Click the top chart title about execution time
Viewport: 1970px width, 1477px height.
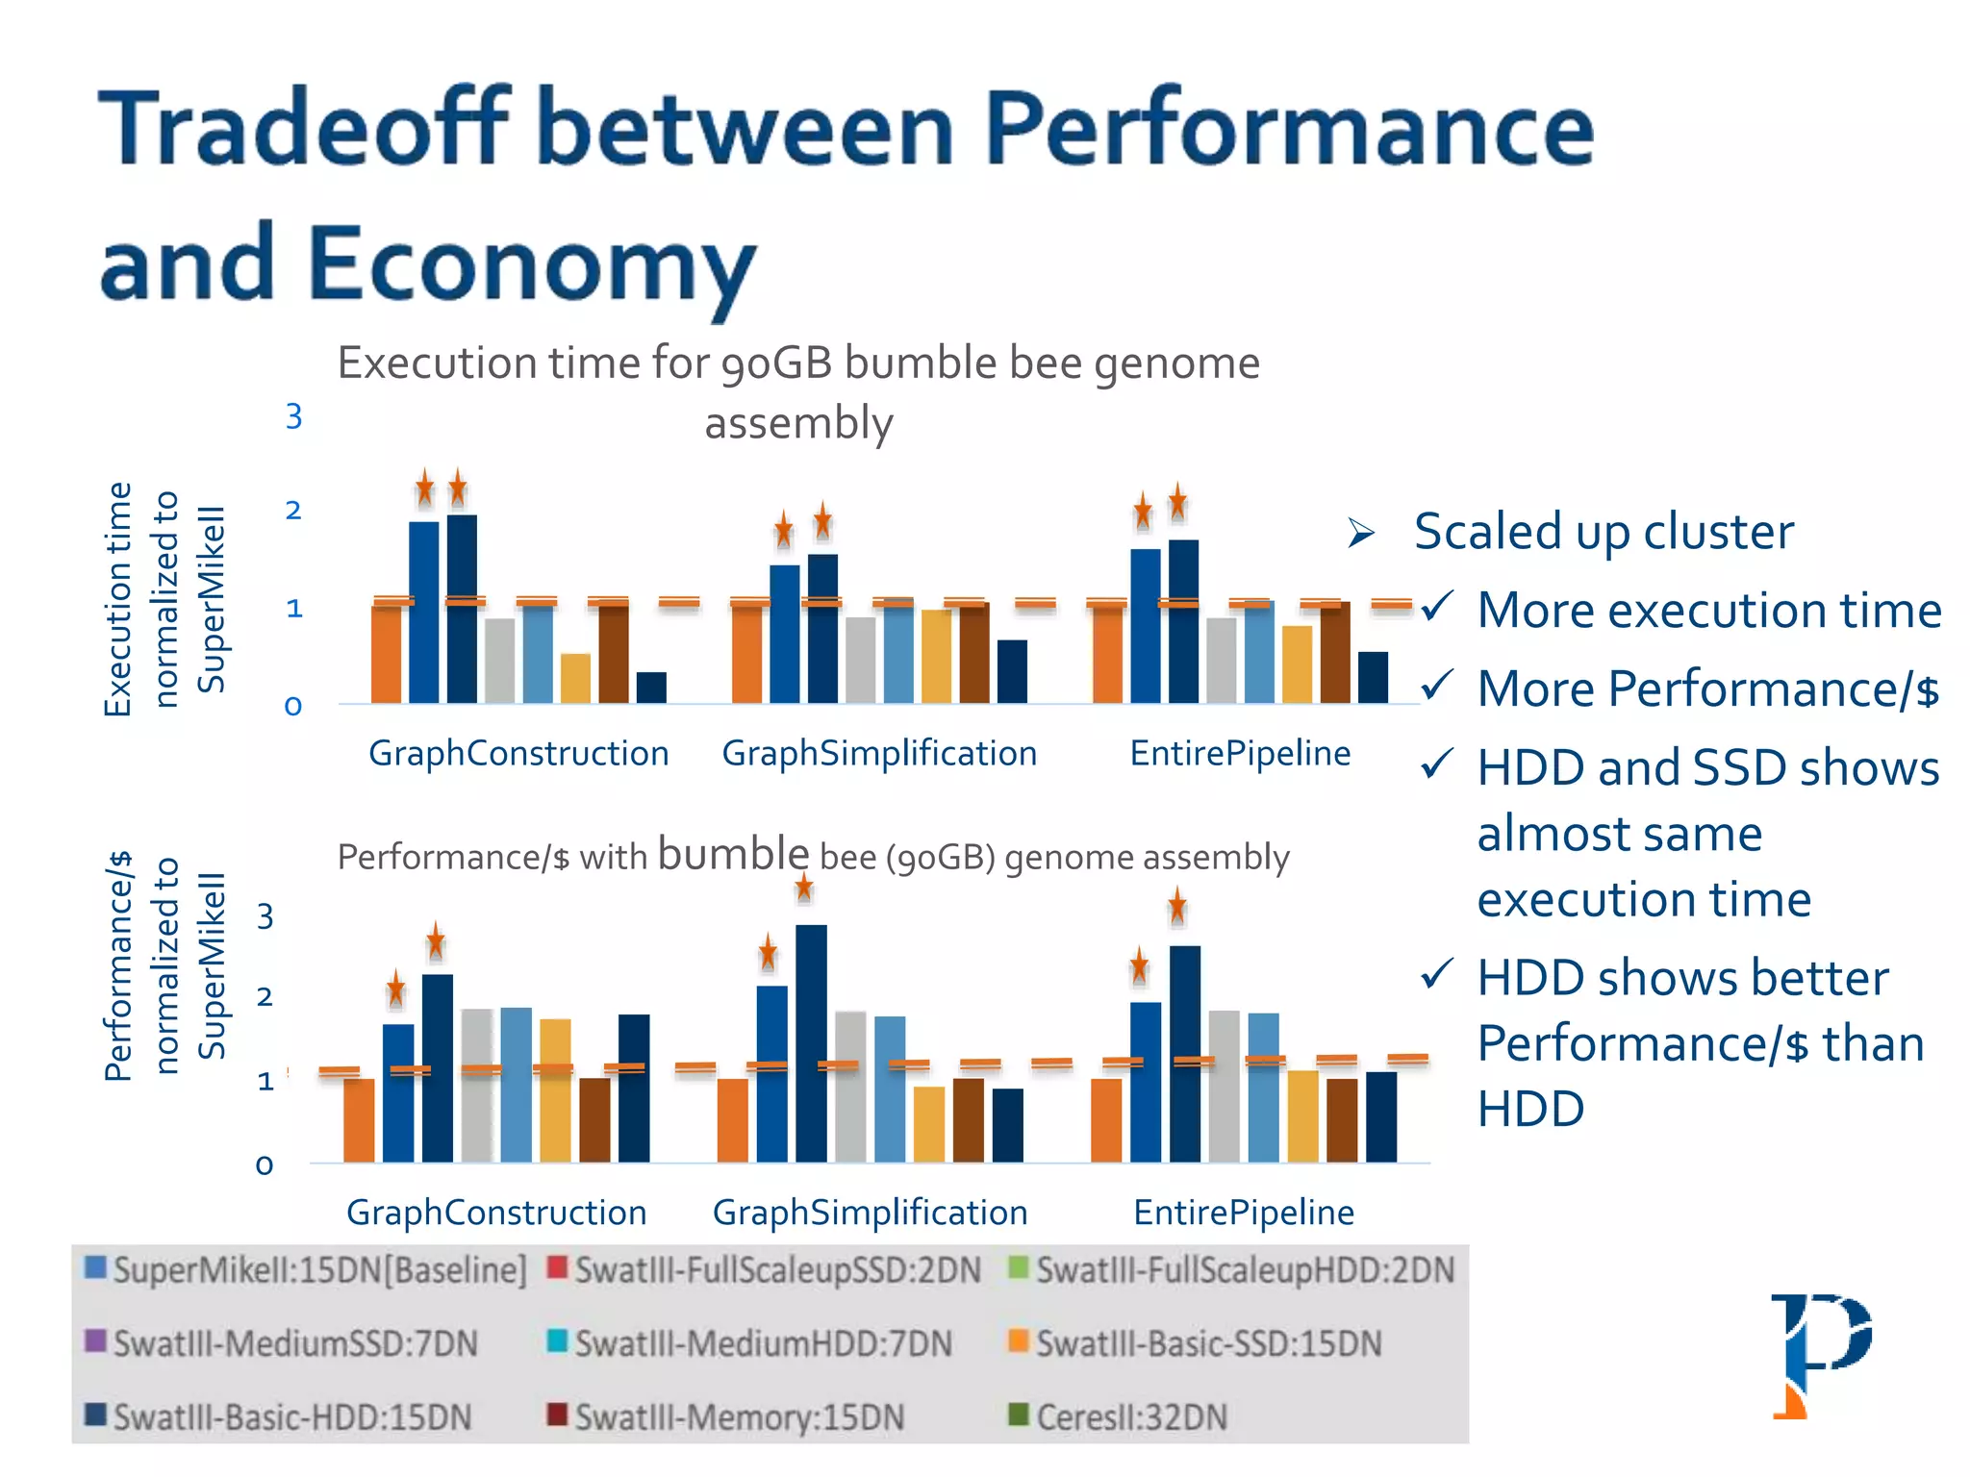(798, 391)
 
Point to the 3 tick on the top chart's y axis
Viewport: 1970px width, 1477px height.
(293, 416)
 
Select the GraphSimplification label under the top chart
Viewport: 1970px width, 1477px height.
(879, 753)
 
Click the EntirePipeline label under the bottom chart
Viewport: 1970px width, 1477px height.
(1243, 1213)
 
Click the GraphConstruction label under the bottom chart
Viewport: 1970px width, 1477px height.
(496, 1213)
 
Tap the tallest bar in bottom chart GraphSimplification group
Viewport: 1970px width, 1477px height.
(811, 1043)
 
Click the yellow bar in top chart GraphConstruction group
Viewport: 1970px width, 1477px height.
(575, 678)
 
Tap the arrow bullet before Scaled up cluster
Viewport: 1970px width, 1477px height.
(1361, 532)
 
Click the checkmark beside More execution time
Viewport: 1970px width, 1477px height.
(1436, 608)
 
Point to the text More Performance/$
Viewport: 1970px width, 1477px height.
(1707, 689)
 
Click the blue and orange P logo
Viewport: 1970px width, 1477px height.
(1821, 1354)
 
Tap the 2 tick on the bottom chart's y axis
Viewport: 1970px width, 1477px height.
(265, 997)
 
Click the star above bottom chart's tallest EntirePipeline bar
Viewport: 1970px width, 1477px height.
(1177, 906)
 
